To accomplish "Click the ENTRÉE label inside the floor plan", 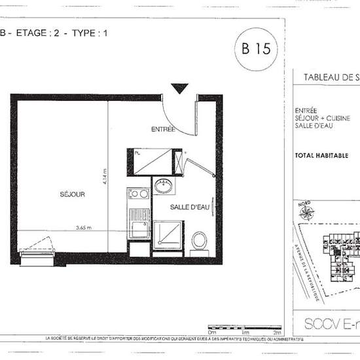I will point(162,129).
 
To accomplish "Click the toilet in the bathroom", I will point(200,240).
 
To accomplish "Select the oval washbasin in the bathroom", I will point(163,187).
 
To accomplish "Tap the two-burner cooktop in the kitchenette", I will point(139,194).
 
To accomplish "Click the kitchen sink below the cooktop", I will point(139,226).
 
